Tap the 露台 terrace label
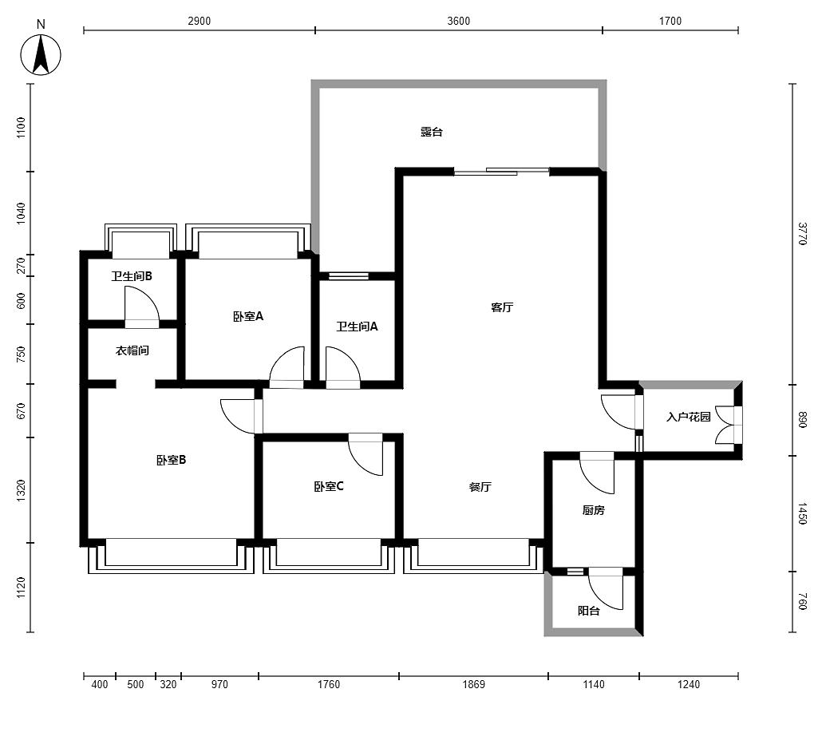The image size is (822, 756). [432, 132]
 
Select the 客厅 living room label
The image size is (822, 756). [502, 307]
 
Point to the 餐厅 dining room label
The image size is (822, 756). [480, 487]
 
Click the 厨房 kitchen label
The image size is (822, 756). [593, 510]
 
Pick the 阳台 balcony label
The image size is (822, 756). [589, 611]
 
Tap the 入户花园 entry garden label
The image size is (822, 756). [688, 417]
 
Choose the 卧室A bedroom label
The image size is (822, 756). [248, 317]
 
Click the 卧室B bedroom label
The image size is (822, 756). [171, 461]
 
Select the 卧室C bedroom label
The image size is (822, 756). [329, 486]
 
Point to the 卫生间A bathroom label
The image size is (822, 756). [357, 327]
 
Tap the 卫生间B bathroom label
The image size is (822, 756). [132, 275]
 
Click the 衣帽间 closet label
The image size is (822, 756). [132, 350]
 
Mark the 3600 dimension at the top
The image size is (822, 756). [459, 21]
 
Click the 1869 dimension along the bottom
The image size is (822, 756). [473, 684]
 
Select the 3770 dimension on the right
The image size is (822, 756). [802, 234]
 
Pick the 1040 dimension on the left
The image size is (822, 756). [21, 213]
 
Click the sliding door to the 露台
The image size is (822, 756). [501, 171]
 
